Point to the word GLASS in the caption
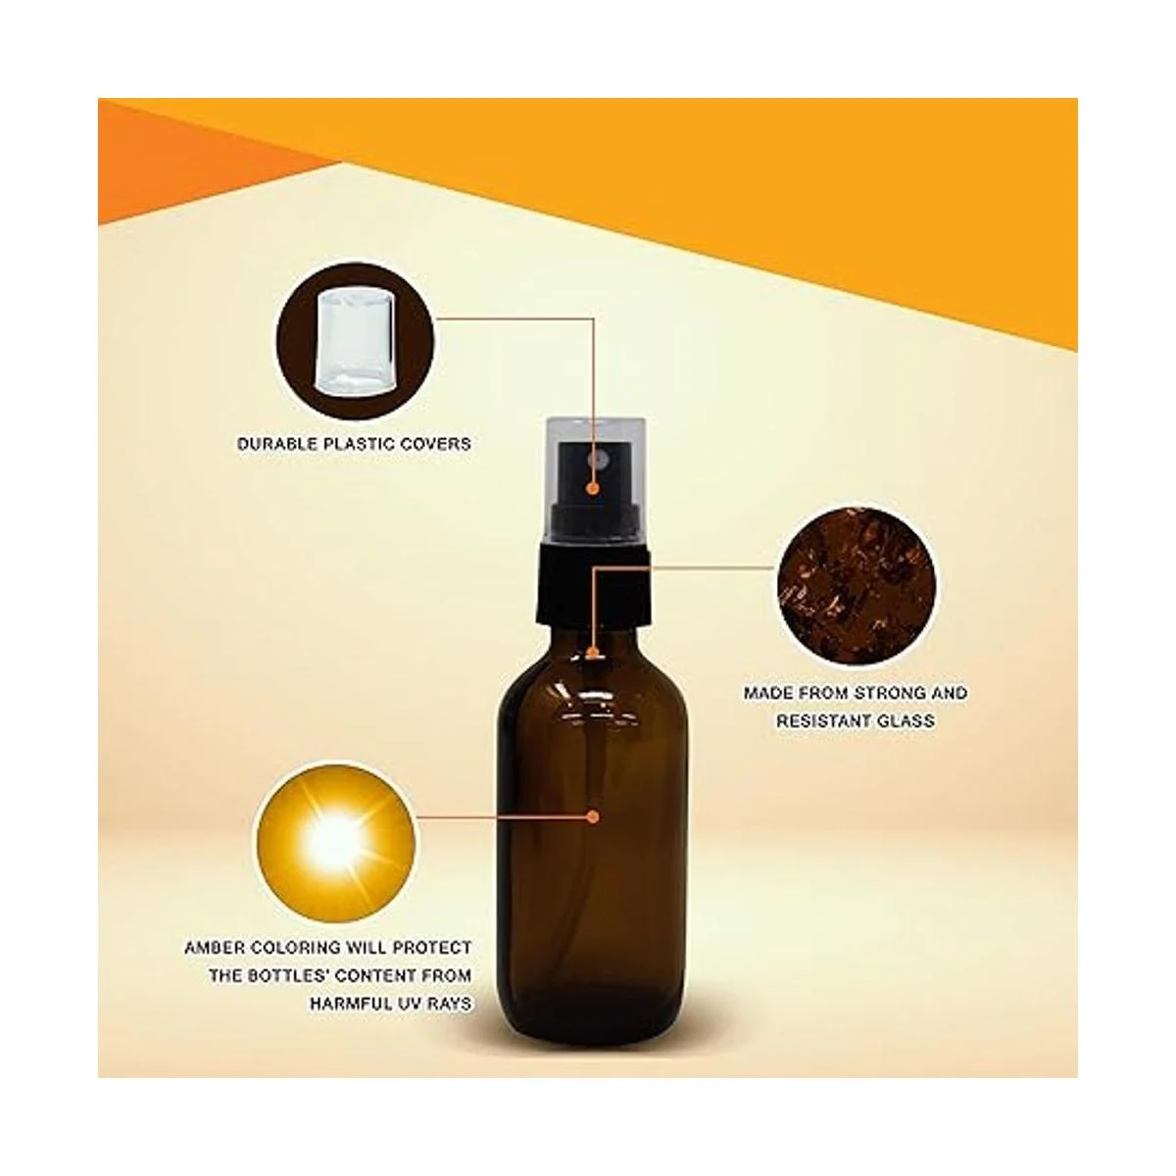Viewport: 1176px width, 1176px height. (906, 720)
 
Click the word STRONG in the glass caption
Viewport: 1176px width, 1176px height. (887, 693)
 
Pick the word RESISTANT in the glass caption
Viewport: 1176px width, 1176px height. (823, 720)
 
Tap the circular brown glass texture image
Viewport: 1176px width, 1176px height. (856, 585)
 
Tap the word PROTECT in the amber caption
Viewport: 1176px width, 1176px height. (432, 948)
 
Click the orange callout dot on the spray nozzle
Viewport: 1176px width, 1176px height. (591, 488)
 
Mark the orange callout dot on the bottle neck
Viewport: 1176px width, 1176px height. (590, 653)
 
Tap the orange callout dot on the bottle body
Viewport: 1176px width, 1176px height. (591, 816)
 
